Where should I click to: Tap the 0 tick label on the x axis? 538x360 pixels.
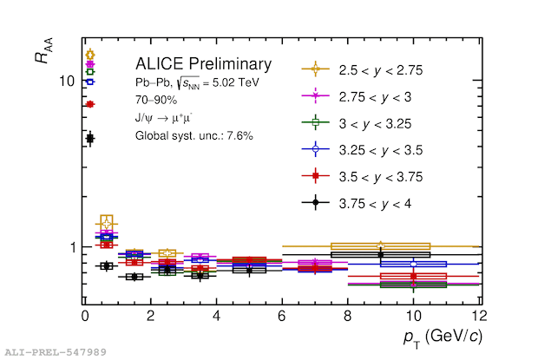[85, 315]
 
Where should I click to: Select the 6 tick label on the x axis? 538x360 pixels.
[282, 315]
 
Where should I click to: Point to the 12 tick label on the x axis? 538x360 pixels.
[478, 315]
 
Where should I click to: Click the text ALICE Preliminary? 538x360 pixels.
[203, 64]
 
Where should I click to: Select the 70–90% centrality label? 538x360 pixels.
[156, 100]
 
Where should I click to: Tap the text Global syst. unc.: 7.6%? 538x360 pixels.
[194, 135]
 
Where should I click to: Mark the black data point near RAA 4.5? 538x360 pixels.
[89, 138]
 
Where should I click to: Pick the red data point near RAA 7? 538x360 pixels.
[89, 104]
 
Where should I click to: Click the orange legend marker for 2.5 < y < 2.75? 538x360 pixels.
[315, 69]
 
